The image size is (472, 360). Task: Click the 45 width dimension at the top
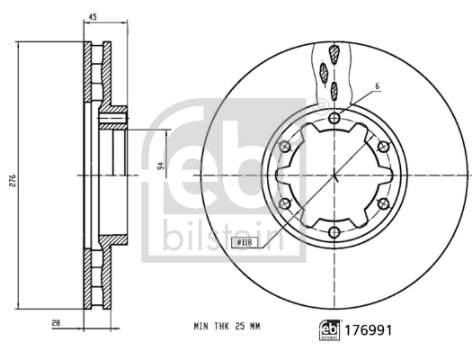pos(94,15)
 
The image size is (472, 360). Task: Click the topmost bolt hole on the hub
pos(334,119)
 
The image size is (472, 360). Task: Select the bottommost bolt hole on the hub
pos(334,233)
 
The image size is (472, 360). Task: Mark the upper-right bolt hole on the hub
pos(384,148)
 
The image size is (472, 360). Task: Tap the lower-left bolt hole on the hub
pos(285,204)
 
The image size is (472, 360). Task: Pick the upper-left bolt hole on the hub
pos(285,148)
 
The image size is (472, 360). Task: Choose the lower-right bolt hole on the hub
pos(384,204)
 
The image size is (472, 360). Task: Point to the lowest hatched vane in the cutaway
pos(334,89)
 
